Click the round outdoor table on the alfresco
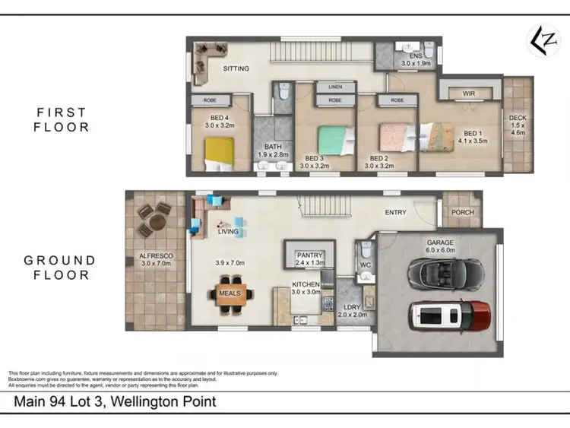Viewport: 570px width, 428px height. point(156,221)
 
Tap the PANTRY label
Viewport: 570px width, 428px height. point(310,256)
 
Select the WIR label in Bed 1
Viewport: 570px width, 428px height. point(469,94)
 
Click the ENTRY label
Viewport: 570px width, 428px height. point(395,213)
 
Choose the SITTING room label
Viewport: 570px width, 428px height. point(236,68)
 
